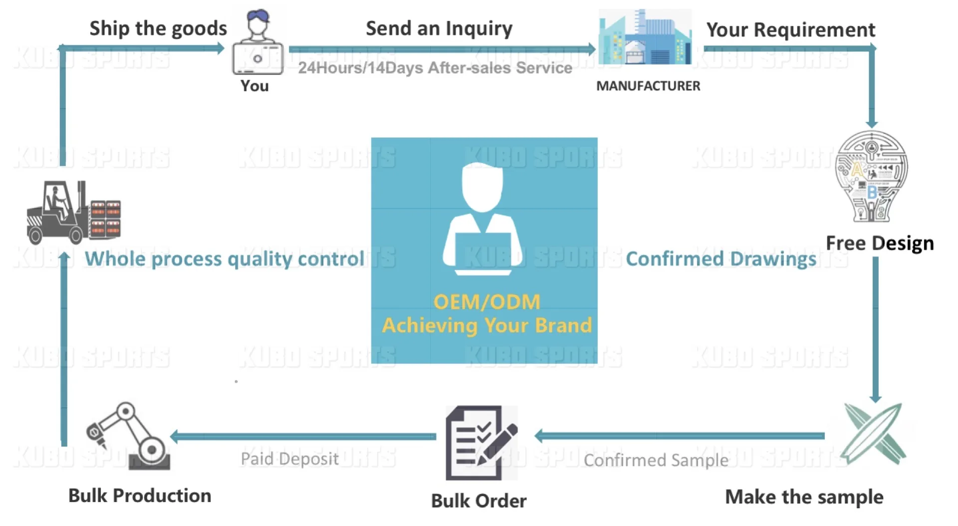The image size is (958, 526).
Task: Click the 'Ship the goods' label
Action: [x=158, y=28]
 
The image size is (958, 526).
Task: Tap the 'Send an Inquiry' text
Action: [x=439, y=28]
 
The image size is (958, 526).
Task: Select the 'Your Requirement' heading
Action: [x=790, y=30]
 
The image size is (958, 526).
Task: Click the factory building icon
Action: [x=645, y=37]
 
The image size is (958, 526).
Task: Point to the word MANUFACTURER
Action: [x=648, y=86]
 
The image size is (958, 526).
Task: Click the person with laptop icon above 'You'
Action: [x=257, y=43]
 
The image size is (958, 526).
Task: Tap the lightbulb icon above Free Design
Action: [x=871, y=176]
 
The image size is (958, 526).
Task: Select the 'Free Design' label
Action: [x=880, y=243]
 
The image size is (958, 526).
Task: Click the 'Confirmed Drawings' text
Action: [x=721, y=259]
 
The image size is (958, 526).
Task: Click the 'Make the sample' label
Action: [x=804, y=497]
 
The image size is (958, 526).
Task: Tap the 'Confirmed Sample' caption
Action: [x=656, y=460]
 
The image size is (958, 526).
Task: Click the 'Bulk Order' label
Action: [x=479, y=501]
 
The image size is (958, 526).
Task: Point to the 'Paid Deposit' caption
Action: [x=289, y=459]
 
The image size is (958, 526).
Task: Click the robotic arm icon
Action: [x=129, y=437]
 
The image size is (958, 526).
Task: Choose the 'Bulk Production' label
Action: [x=140, y=496]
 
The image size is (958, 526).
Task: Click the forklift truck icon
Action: [x=74, y=213]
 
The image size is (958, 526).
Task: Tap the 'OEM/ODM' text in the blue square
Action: [x=486, y=302]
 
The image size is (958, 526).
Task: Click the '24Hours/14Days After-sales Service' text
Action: [x=435, y=68]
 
